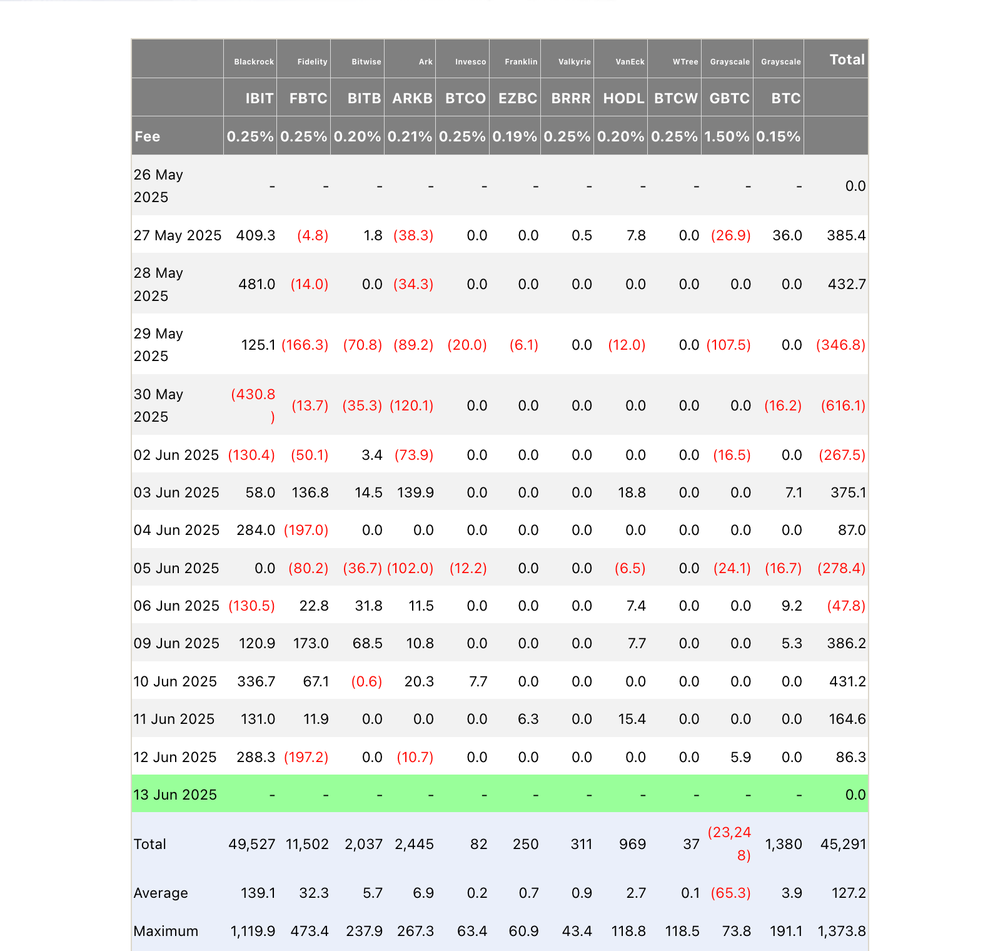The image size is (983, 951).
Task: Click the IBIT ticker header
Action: point(259,98)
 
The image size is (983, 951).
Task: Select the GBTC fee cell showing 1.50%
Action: point(727,136)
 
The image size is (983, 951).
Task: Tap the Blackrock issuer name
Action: point(254,62)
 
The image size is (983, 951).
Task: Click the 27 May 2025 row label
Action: point(178,235)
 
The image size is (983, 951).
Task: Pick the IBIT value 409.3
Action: point(256,235)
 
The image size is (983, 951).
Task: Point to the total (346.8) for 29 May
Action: point(840,345)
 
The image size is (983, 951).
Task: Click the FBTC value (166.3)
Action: point(305,345)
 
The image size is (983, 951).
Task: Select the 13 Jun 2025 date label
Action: point(175,795)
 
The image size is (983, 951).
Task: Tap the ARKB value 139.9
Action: point(415,492)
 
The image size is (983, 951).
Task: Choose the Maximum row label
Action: point(166,931)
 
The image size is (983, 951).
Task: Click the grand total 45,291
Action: point(843,844)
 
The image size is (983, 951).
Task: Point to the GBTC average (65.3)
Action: point(730,893)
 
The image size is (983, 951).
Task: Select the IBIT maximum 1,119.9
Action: point(253,931)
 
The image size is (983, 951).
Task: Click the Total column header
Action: point(847,59)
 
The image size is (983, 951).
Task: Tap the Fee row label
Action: point(148,136)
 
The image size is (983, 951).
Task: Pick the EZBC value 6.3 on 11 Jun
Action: point(528,719)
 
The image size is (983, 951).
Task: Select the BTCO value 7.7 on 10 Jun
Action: point(478,681)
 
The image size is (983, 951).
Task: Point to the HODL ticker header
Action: point(623,98)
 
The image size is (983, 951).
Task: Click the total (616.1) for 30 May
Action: point(843,405)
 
